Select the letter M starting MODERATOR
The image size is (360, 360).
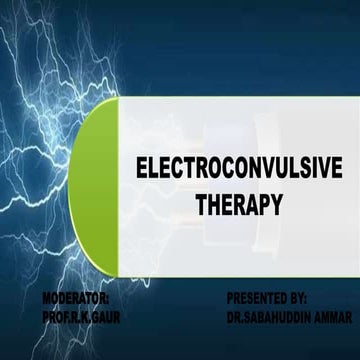click(x=48, y=298)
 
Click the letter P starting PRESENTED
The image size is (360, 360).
click(x=231, y=298)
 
